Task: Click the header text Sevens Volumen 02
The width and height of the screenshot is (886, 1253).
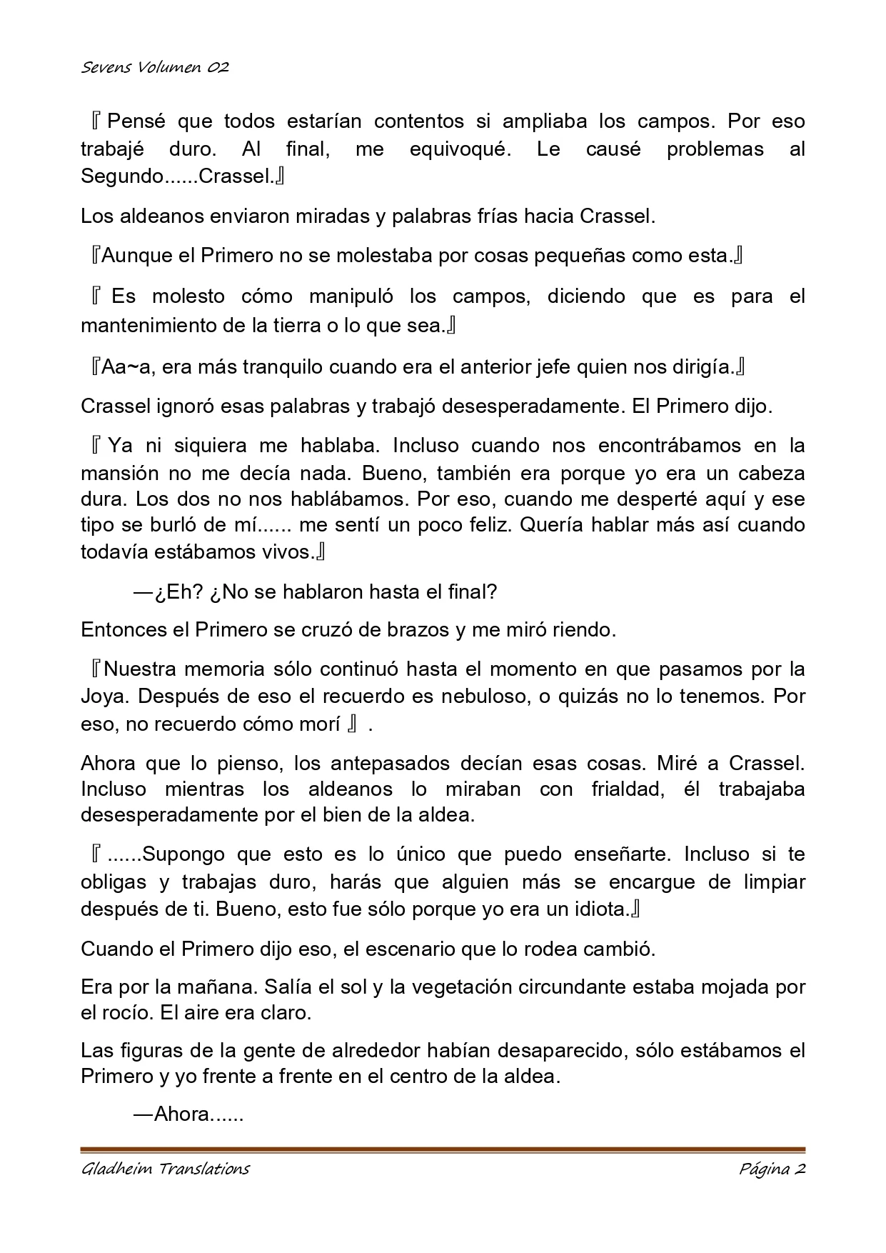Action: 155,68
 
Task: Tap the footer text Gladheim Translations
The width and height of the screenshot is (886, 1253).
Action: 165,1169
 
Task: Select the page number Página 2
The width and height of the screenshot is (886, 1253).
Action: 772,1169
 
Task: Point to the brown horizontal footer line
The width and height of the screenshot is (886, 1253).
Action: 443,1149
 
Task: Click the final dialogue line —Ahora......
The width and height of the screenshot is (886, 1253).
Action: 188,1114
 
